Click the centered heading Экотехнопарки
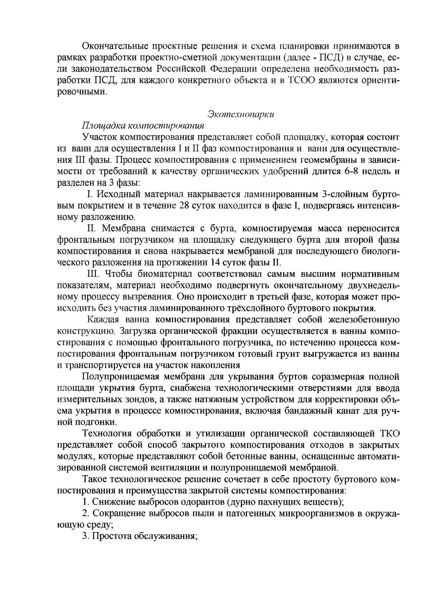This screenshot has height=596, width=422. point(241,114)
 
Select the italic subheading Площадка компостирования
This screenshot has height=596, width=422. point(143,125)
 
